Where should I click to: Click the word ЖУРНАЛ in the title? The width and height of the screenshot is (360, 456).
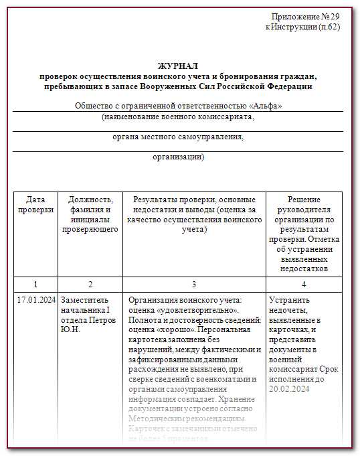pyautogui.click(x=178, y=66)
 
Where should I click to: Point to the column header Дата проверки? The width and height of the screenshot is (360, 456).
pyautogui.click(x=35, y=205)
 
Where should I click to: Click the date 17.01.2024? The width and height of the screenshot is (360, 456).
pyautogui.click(x=35, y=299)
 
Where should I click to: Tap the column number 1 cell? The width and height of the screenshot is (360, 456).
pyautogui.click(x=35, y=284)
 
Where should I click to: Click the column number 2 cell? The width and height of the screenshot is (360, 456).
pyautogui.click(x=90, y=284)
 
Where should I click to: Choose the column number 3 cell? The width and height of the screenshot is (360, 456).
pyautogui.click(x=194, y=284)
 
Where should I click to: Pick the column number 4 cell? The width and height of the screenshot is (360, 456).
pyautogui.click(x=304, y=284)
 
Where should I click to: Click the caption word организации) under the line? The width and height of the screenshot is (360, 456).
pyautogui.click(x=178, y=157)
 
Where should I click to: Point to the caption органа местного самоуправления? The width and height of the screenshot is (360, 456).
pyautogui.click(x=178, y=137)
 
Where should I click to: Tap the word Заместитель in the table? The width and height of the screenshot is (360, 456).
pyautogui.click(x=83, y=300)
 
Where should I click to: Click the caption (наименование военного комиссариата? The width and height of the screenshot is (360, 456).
pyautogui.click(x=178, y=117)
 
